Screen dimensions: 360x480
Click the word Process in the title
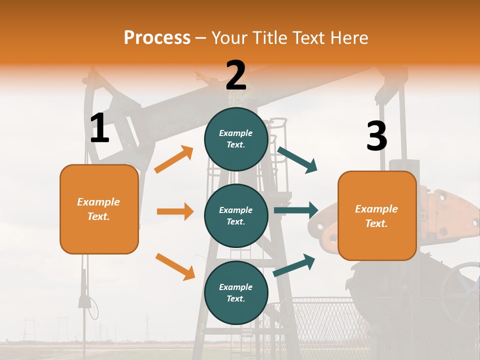point(157,37)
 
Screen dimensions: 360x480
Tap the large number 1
point(99,128)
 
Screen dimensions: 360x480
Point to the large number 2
point(236,75)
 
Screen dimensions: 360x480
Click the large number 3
point(376,136)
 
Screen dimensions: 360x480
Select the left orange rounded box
point(99,209)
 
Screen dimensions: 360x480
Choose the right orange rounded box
point(377,215)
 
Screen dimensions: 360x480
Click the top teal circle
point(236,139)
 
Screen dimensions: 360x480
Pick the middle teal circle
point(236,215)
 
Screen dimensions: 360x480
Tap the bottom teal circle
point(236,292)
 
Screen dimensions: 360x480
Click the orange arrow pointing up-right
point(174,159)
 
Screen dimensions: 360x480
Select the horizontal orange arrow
point(175,211)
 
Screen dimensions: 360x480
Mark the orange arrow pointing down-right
point(175,266)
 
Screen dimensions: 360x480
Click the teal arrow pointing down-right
point(297,159)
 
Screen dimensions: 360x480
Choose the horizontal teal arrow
point(296,210)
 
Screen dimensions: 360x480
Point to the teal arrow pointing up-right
point(294,265)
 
